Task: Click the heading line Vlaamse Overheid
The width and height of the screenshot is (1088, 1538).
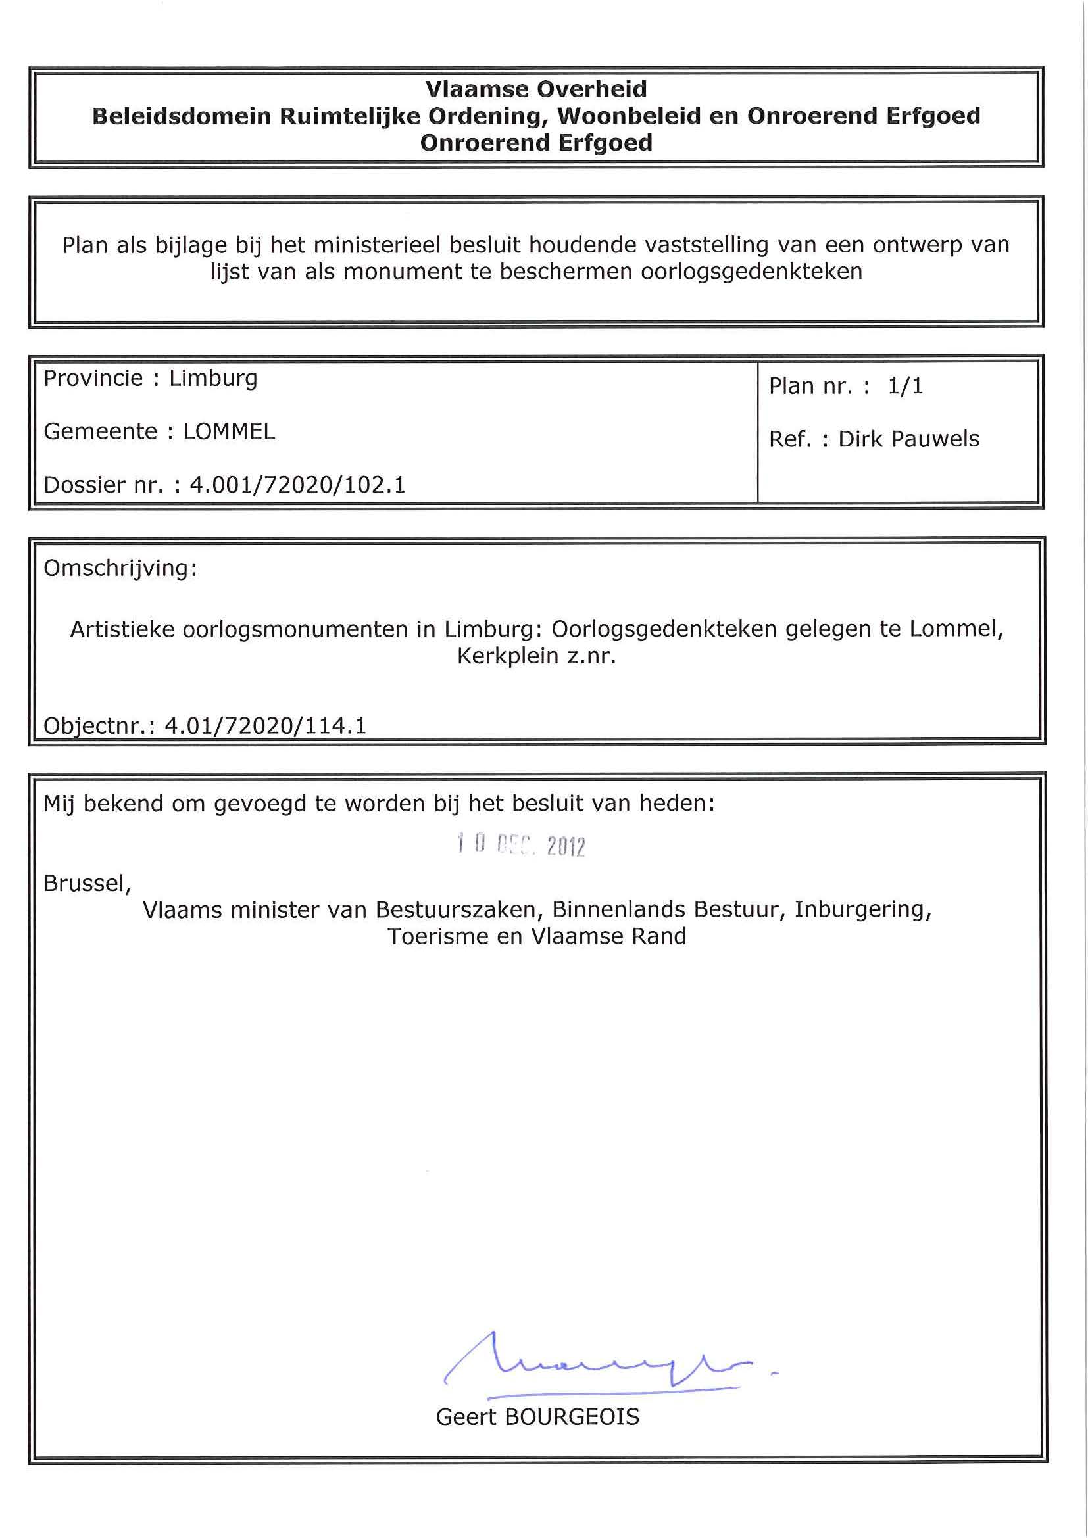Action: [536, 89]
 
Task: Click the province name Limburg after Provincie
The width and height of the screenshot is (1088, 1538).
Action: [213, 379]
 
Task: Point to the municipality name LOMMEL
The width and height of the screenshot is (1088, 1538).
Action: [229, 431]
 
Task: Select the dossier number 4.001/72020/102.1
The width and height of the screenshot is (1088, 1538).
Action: [298, 485]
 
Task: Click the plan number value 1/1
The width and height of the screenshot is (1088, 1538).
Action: [905, 386]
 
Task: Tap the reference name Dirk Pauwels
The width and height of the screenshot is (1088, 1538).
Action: [908, 439]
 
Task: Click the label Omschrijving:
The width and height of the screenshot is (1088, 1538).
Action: [120, 568]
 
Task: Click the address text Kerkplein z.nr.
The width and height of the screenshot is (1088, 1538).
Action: [536, 656]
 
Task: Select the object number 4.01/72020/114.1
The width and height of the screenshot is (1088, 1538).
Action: [265, 726]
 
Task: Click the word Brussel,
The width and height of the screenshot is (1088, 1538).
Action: [87, 884]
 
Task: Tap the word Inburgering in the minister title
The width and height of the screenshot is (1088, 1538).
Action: [862, 909]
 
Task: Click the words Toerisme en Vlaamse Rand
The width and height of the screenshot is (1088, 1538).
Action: [537, 936]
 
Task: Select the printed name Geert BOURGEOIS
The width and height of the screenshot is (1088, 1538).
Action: [537, 1418]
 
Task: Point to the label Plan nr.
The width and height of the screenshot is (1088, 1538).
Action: [811, 387]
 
